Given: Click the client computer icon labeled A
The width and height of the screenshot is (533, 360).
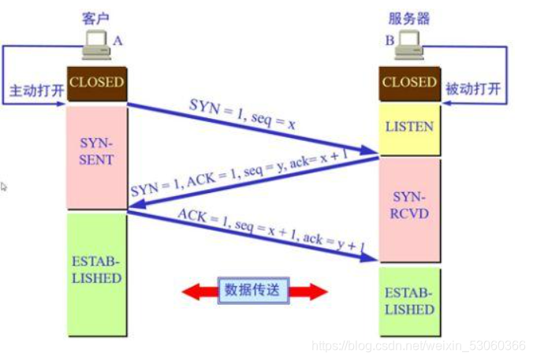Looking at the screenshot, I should (98, 46).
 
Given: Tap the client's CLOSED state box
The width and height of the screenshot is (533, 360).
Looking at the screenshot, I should (96, 82).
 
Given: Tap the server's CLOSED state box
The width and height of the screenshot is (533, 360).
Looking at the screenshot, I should (409, 82).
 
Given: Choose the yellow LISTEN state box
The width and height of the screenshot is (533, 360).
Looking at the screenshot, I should (409, 126).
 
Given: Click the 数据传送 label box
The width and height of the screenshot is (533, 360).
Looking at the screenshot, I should (253, 290).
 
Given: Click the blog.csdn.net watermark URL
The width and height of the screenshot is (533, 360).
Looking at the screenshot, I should (419, 345).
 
